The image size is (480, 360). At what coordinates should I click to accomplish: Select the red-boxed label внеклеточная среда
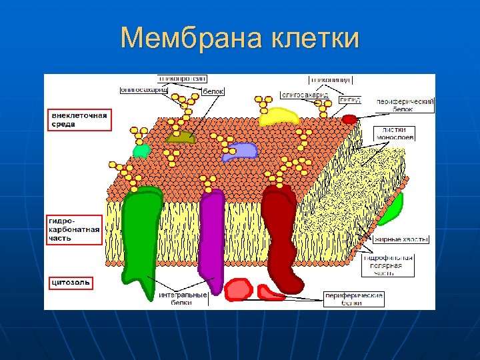pos(79,120)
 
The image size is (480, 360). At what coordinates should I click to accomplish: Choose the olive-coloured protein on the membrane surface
pos(180,137)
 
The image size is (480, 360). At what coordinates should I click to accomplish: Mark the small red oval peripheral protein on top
pos(349,119)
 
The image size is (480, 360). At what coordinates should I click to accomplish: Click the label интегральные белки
pos(183,298)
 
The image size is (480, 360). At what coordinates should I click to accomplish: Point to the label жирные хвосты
pos(401,239)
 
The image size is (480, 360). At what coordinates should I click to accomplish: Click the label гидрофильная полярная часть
pos(389,265)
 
